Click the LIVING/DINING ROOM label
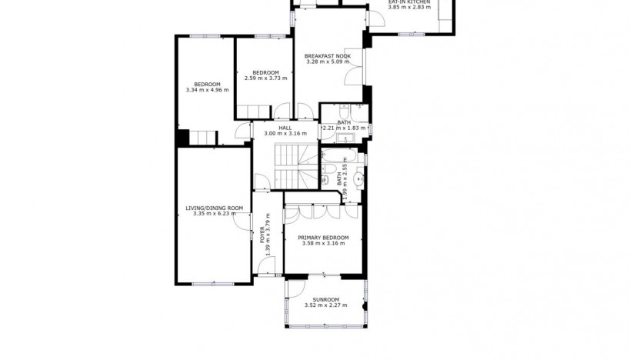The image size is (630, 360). [x=214, y=208]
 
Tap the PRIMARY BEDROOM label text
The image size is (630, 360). [x=323, y=238]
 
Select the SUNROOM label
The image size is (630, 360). [x=325, y=299]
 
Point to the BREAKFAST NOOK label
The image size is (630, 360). [x=327, y=56]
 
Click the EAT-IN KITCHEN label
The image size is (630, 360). [x=408, y=2]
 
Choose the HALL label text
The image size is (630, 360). [x=285, y=128]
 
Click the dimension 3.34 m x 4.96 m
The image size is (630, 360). [x=207, y=90]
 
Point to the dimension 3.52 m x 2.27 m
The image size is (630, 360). [x=325, y=305]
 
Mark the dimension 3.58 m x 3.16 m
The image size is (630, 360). [x=323, y=244]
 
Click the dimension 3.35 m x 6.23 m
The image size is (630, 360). [x=214, y=214]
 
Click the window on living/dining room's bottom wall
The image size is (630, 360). [x=208, y=284]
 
